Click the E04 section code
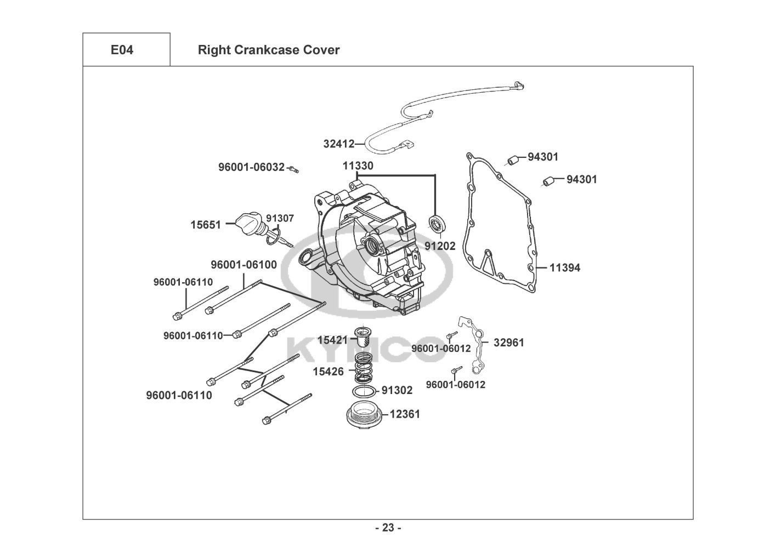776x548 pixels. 122,50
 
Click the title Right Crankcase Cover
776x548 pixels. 268,50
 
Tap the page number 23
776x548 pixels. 388,528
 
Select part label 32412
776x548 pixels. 338,144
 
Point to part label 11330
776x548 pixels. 358,165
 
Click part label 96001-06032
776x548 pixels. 251,167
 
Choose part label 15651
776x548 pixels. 206,225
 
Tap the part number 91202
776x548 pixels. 440,246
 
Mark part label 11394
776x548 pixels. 565,268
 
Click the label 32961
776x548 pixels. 508,342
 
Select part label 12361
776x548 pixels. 405,414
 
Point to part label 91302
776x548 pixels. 397,390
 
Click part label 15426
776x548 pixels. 328,372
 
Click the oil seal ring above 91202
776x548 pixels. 437,224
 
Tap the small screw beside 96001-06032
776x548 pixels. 294,168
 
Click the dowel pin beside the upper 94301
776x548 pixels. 513,160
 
